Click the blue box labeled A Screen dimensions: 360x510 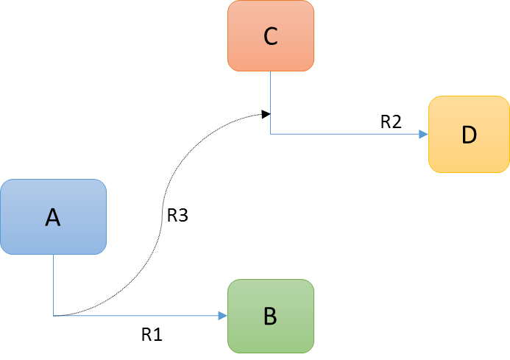click(53, 217)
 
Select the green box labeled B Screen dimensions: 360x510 click(271, 316)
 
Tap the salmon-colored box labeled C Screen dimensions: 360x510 click(271, 36)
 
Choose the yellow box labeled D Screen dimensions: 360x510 click(469, 135)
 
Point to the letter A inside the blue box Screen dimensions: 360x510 click(52, 217)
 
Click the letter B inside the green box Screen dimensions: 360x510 click(270, 317)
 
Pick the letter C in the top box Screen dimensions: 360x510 click(270, 37)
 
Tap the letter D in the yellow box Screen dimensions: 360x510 click(469, 135)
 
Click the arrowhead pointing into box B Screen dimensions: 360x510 click(223, 316)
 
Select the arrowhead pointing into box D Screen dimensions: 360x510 click(424, 135)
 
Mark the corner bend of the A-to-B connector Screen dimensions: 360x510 click(54, 316)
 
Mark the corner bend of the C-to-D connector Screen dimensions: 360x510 click(271, 134)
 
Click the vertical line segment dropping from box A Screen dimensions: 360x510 click(54, 285)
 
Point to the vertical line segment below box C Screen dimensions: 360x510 click(271, 103)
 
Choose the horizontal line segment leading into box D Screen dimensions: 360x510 click(346, 134)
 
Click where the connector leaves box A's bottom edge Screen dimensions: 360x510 click(54, 255)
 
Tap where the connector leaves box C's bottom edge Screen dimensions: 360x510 click(271, 71)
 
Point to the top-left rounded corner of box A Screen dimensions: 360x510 click(4, 183)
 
